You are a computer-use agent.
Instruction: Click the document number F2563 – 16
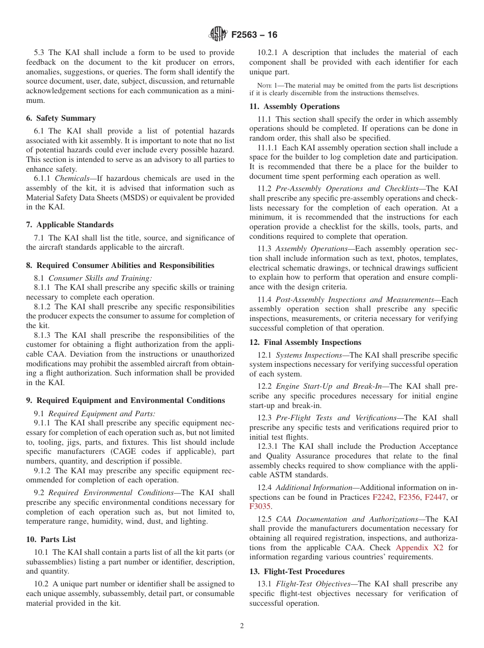click(x=254, y=35)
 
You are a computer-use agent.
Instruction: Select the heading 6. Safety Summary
click(x=61, y=118)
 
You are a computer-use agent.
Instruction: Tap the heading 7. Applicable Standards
click(x=70, y=225)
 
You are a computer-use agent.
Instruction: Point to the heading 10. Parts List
click(x=51, y=539)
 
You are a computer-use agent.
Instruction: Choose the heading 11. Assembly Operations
click(x=294, y=106)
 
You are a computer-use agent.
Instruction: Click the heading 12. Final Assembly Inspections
click(x=305, y=342)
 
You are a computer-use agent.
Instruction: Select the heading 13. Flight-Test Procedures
click(x=297, y=572)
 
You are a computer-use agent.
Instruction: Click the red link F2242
click(x=383, y=497)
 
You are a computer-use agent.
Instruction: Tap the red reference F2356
click(x=409, y=497)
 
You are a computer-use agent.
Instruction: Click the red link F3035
click(x=259, y=506)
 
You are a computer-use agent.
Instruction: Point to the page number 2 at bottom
click(x=242, y=626)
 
